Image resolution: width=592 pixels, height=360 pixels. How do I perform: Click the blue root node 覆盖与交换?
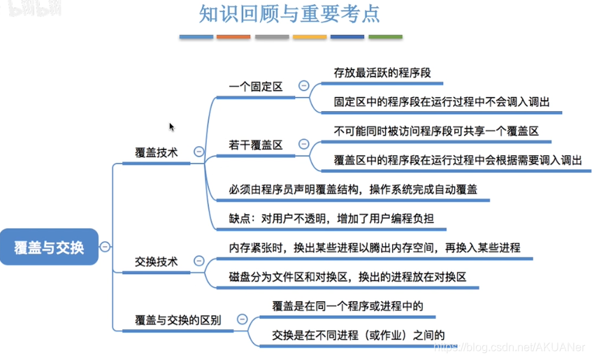49,247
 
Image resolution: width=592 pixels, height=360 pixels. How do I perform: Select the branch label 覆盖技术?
156,151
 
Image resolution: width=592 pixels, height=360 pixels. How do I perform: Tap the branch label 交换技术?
156,261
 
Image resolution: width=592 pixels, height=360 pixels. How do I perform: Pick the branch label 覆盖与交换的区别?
178,320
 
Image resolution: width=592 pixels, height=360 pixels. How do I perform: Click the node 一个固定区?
255,86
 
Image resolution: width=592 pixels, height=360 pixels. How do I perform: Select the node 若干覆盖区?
255,145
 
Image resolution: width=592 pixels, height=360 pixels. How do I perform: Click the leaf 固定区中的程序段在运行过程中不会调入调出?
442,101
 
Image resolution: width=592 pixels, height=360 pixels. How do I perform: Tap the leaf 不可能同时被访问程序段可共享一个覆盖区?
436,130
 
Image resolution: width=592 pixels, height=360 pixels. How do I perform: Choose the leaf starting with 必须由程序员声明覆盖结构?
353,189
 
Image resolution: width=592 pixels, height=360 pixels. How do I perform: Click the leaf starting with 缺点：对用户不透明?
331,218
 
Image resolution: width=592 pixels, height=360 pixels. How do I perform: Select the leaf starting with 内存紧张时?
375,247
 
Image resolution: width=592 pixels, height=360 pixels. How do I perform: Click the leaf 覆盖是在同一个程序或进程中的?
347,305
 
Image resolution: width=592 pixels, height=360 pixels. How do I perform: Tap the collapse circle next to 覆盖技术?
198,151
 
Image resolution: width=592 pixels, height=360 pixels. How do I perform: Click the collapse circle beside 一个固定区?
304,86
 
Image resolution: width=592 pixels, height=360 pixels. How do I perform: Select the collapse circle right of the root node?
105,246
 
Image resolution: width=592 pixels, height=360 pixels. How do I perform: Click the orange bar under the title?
233,36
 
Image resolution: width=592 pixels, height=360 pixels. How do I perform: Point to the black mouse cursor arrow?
171,127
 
